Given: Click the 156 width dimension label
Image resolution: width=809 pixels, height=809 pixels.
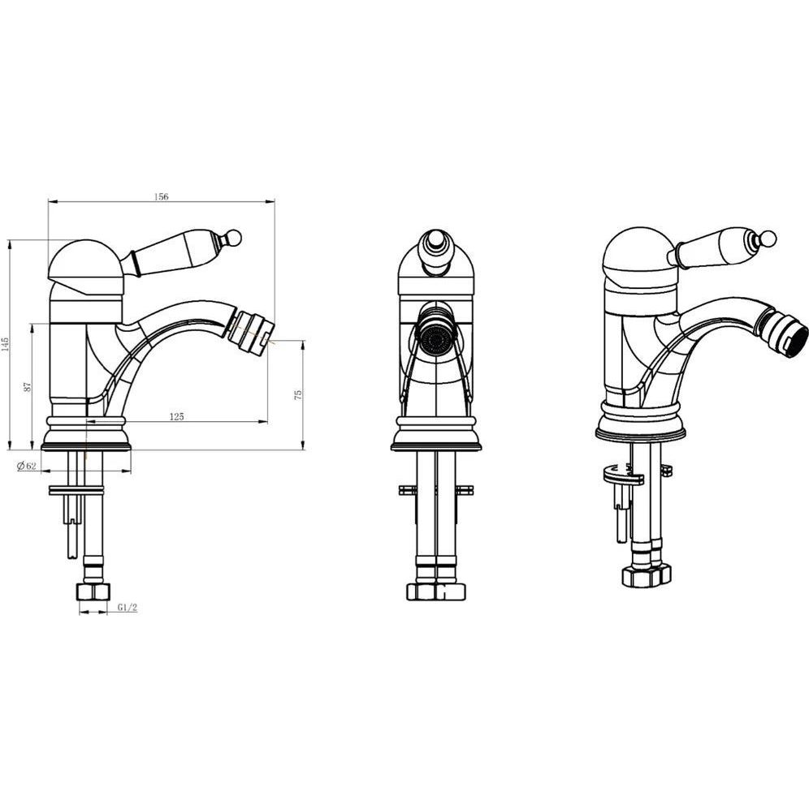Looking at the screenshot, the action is coord(162,196).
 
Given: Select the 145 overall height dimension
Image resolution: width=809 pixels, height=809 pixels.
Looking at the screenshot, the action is coord(6,343).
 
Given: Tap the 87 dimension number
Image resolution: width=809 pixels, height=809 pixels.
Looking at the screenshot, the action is coord(28,386).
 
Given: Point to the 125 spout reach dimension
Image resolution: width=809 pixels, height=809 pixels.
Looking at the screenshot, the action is coord(177,416).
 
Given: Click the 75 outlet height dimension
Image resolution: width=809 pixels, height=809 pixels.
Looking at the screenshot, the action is coord(297,394).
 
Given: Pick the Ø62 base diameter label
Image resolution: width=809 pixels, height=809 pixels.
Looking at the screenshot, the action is coord(26,466).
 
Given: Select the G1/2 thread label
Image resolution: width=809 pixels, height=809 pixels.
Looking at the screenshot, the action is coord(128,607).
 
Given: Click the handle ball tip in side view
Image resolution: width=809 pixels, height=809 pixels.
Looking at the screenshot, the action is coord(234,237).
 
